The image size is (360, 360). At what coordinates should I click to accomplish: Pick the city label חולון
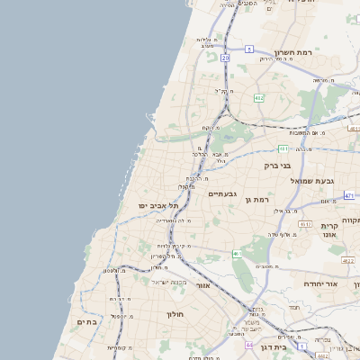click(175, 314)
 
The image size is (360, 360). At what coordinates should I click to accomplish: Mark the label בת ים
click(87, 321)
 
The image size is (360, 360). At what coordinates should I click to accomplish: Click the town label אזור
click(203, 284)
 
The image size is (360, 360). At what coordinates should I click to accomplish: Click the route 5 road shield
click(247, 49)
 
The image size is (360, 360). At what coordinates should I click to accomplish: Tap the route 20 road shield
click(225, 58)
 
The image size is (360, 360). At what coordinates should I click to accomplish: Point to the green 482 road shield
click(259, 97)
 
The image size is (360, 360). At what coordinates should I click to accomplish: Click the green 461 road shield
click(237, 255)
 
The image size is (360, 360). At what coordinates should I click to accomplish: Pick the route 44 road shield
click(249, 344)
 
